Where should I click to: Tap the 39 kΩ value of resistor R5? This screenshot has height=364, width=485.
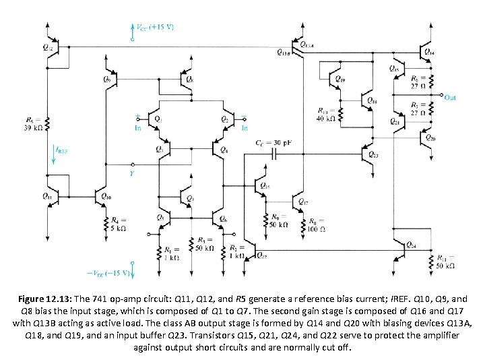pyautogui.click(x=36, y=127)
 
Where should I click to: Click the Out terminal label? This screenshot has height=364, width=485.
pyautogui.click(x=450, y=98)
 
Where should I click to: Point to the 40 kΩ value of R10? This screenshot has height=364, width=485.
pyautogui.click(x=325, y=118)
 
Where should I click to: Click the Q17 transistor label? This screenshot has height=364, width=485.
pyautogui.click(x=302, y=202)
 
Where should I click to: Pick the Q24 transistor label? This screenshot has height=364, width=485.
pyautogui.click(x=411, y=245)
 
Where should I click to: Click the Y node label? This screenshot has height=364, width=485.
pyautogui.click(x=131, y=173)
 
